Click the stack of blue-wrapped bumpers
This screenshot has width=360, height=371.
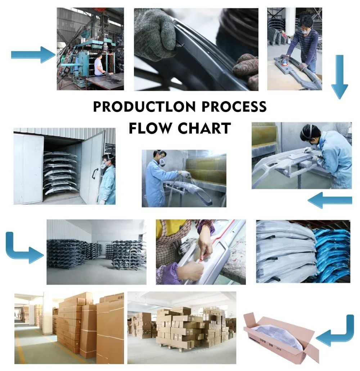click(x=331, y=252)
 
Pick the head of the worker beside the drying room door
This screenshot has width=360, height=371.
click(x=108, y=159)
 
